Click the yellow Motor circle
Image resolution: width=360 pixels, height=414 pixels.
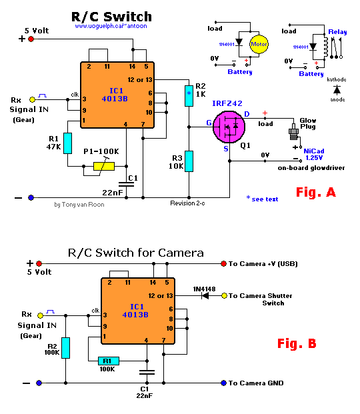tap(259, 44)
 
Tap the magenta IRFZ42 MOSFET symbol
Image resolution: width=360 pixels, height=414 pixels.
tap(229, 127)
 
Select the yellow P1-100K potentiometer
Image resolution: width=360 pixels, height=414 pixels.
tap(104, 167)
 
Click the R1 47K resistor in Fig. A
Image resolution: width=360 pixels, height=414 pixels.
tap(67, 143)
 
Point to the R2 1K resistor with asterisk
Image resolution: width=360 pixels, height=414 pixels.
tap(189, 96)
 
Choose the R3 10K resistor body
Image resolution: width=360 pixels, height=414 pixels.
tap(189, 161)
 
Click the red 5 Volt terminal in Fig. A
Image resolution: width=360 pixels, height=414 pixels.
tap(31, 39)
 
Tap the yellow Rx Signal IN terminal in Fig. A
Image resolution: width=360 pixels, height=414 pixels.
tap(32, 99)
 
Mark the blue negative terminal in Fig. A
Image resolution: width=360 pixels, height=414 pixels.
tap(31, 197)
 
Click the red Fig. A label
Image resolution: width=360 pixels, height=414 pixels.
tap(316, 192)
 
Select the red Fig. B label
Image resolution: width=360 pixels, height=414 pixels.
tap(297, 343)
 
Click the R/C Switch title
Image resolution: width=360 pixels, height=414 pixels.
tap(111, 17)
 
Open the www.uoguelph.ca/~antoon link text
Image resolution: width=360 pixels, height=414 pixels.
tap(111, 26)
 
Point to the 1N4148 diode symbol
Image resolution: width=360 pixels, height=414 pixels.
tap(205, 296)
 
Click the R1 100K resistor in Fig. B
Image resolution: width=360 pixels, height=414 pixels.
tap(109, 361)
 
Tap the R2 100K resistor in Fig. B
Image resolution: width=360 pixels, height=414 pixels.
tap(65, 348)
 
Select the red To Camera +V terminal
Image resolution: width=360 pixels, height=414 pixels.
tap(224, 263)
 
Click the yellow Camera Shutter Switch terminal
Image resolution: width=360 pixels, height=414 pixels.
tap(224, 296)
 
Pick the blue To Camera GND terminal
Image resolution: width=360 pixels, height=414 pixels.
tap(224, 383)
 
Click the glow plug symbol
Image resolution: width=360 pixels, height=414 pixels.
tap(293, 131)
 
